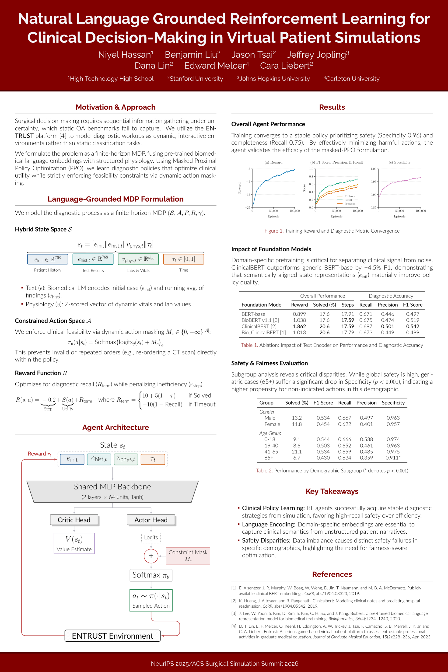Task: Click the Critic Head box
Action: pos(74,520)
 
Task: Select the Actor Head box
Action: pos(151,520)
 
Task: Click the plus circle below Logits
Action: pos(151,556)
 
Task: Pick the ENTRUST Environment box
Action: pos(112,636)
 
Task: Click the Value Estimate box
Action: pos(74,543)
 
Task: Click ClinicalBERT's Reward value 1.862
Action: pos(299,326)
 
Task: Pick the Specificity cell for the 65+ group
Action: pos(393,458)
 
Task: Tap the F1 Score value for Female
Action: pos(323,424)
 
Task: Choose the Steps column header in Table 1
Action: pos(347,304)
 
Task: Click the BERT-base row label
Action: pos(253,314)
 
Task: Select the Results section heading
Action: pos(332,107)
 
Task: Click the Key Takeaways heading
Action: pos(332,491)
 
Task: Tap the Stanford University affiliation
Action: pos(195,79)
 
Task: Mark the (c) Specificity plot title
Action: pos(399,162)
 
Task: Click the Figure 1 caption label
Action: pos(274,231)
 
